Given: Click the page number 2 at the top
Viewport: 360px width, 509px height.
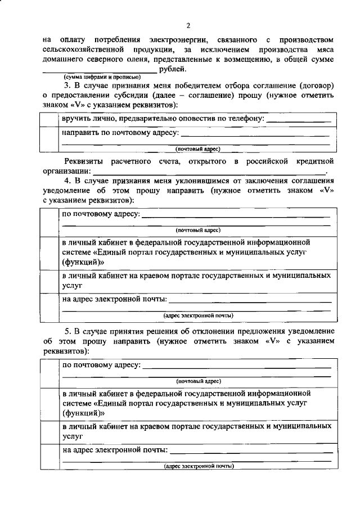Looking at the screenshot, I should click(x=189, y=25).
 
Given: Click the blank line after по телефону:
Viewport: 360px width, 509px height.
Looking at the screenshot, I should click(x=298, y=121).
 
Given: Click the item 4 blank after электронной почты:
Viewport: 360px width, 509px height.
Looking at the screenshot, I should click(x=250, y=301).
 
